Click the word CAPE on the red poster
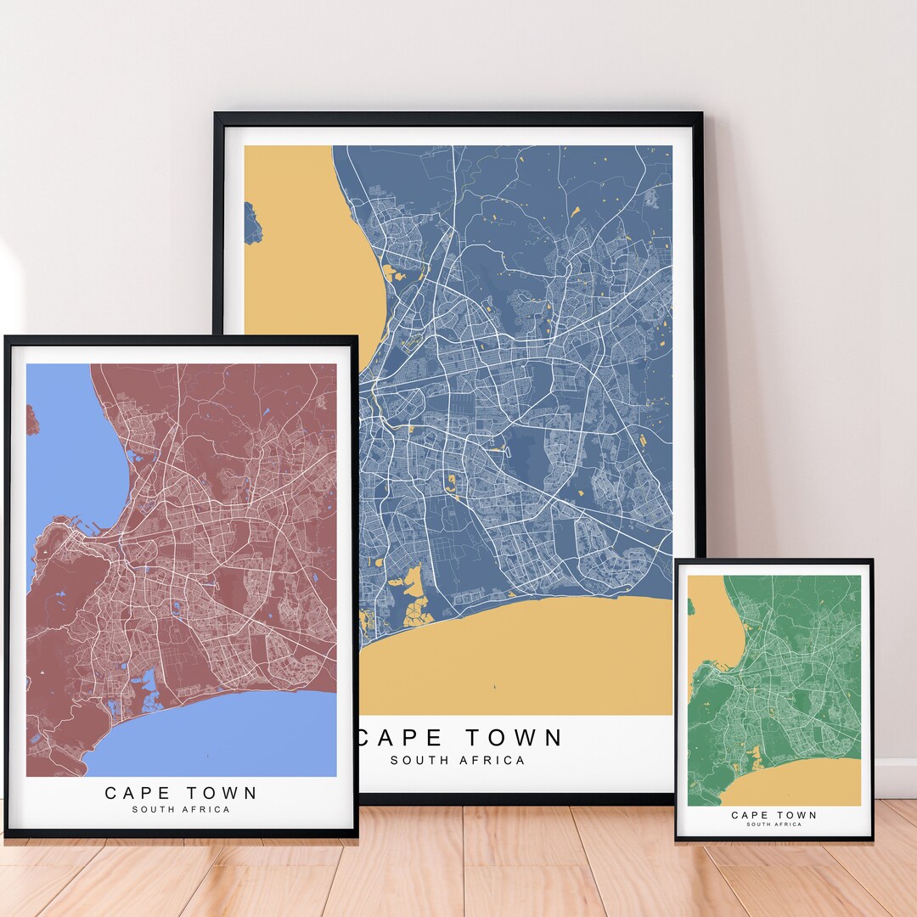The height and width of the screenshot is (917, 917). coord(137,793)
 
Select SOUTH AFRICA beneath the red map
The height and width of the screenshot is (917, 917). coord(181,810)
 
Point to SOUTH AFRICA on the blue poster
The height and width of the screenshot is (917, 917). coord(458,760)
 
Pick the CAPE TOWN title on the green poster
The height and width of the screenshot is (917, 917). coord(774,815)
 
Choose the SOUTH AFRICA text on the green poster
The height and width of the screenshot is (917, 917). coord(774,824)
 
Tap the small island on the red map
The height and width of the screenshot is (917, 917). coord(31,420)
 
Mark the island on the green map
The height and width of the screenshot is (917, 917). coord(690,607)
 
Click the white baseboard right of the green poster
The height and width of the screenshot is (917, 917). coord(895,777)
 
